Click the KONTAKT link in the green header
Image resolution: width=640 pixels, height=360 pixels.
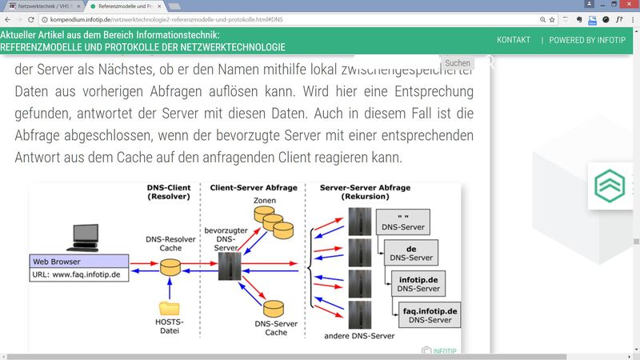point(513,40)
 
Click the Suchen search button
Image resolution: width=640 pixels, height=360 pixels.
point(458,63)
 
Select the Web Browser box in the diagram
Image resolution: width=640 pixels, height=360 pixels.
point(78,261)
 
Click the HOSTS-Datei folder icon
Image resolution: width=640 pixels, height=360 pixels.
point(170,308)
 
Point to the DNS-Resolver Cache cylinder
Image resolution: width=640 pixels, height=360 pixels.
point(170,266)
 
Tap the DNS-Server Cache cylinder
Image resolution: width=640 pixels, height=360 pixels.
point(275,310)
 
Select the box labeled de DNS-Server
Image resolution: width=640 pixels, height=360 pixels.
point(410,252)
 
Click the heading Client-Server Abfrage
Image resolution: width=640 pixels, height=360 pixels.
point(254,188)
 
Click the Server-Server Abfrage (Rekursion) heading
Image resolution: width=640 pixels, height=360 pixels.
point(365,192)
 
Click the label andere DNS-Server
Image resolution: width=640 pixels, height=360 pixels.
point(359,335)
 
